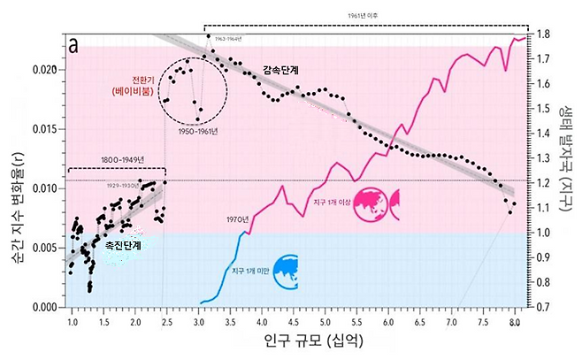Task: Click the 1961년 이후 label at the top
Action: click(x=365, y=15)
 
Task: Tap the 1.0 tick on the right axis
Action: click(x=542, y=233)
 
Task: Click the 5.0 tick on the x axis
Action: click(x=325, y=323)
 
